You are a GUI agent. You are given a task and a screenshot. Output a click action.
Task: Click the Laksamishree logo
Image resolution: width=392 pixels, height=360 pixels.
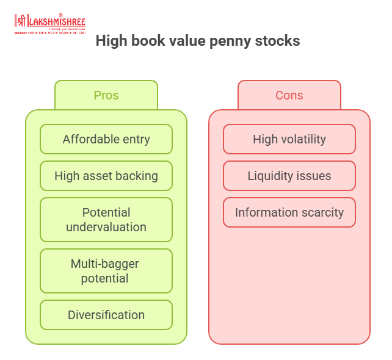pyautogui.click(x=49, y=23)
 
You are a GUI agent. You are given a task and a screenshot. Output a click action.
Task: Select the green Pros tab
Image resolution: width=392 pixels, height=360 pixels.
pyautogui.click(x=106, y=95)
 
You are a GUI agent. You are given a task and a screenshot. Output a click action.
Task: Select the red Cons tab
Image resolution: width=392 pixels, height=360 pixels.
pyautogui.click(x=289, y=95)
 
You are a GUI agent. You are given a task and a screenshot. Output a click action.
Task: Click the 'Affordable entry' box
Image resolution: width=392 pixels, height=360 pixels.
pyautogui.click(x=106, y=139)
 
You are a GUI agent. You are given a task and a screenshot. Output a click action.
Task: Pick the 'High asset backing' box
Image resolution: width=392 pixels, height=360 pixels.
pyautogui.click(x=106, y=176)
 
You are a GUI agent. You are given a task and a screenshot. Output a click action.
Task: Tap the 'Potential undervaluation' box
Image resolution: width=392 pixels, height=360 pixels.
pyautogui.click(x=106, y=220)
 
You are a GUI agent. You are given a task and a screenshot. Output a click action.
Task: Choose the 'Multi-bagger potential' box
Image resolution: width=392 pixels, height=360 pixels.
pyautogui.click(x=106, y=271)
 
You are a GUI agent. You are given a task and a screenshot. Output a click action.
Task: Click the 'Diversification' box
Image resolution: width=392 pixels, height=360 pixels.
pyautogui.click(x=106, y=315)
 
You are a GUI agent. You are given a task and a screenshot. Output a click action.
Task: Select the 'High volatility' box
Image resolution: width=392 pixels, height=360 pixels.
pyautogui.click(x=289, y=139)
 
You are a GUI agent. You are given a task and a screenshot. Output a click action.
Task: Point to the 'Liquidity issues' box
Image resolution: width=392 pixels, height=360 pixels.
pyautogui.click(x=289, y=176)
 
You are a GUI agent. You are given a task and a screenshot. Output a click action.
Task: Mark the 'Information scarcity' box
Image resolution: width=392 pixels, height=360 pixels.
pyautogui.click(x=289, y=212)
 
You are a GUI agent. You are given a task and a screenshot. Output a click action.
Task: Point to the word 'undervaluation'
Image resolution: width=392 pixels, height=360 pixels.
pyautogui.click(x=106, y=227)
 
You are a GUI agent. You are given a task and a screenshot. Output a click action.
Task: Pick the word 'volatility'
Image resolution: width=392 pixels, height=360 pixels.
pyautogui.click(x=303, y=139)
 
